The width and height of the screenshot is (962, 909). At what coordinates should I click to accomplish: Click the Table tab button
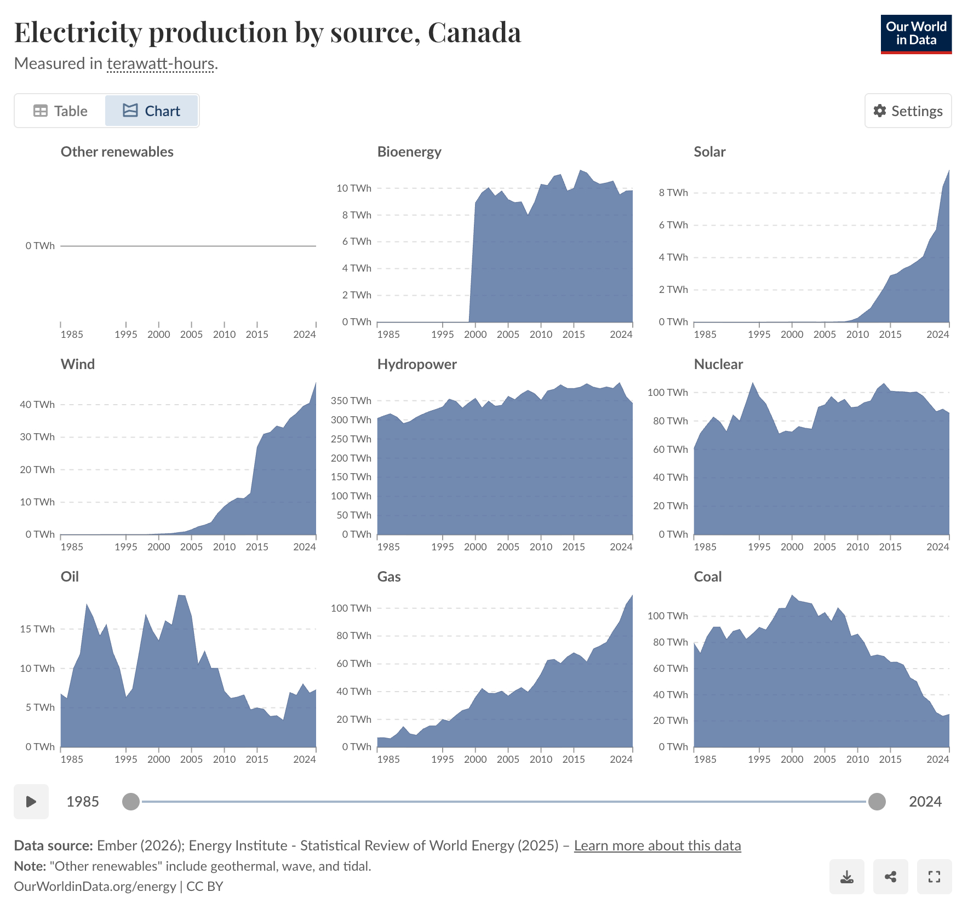[60, 111]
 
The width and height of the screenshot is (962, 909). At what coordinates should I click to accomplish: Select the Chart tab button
[151, 111]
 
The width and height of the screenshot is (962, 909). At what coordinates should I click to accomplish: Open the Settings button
[908, 111]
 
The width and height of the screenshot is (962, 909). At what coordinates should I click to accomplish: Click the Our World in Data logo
[916, 34]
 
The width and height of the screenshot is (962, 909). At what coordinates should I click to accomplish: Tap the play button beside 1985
[31, 802]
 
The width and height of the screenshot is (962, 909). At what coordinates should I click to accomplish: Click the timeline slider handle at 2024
[877, 802]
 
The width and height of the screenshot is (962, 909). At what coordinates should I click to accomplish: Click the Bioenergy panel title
[409, 152]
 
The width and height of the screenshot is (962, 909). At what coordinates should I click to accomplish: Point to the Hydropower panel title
[417, 364]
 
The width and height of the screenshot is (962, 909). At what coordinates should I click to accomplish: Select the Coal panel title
[707, 577]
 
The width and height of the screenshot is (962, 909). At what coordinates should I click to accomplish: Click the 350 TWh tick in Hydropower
[351, 401]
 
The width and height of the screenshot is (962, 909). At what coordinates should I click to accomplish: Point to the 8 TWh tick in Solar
[673, 193]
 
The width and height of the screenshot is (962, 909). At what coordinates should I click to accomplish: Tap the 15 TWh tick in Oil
[37, 629]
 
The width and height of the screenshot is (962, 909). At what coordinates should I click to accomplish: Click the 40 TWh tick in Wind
[37, 405]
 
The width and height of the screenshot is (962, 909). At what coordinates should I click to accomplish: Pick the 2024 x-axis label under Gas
[621, 760]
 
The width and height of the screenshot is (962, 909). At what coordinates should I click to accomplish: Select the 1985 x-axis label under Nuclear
[705, 547]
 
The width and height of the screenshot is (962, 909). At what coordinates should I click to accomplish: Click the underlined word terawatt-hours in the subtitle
[161, 64]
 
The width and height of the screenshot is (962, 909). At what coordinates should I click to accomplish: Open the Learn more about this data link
[657, 845]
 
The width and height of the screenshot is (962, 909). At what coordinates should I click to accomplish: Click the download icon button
[846, 877]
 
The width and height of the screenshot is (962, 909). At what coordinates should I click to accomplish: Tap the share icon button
[890, 877]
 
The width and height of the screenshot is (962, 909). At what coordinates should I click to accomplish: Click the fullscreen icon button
[934, 877]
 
